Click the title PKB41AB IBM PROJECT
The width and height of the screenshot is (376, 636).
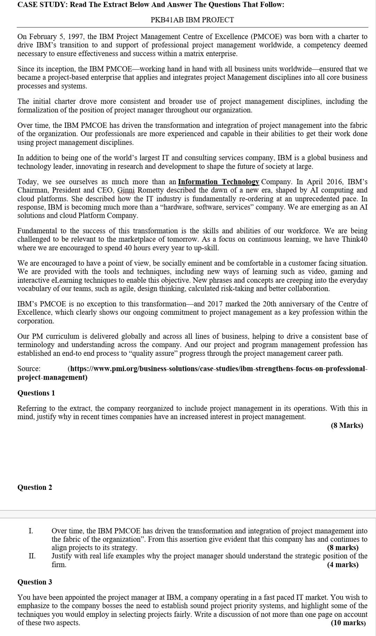point(192,20)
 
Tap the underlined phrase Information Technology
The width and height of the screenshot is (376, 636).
point(219,182)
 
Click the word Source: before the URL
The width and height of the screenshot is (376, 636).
point(29,369)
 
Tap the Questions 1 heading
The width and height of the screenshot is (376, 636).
point(36,393)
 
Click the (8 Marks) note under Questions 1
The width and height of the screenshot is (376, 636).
point(347,425)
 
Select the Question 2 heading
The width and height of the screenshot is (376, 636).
point(35,487)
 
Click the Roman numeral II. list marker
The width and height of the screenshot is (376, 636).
point(32,556)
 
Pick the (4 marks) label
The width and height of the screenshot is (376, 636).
point(343,565)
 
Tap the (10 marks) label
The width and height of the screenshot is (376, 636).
point(348,623)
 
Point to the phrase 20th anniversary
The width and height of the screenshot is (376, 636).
point(289,304)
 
